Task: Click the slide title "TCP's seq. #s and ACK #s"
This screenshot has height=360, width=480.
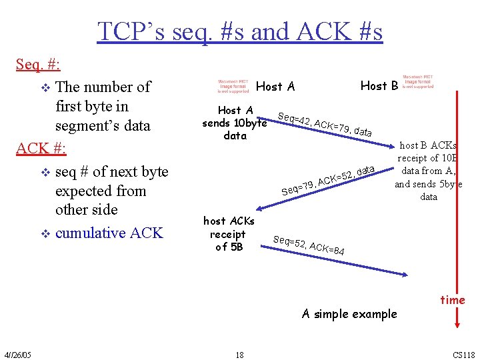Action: pos(240,31)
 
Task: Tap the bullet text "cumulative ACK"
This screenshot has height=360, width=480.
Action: pos(109,233)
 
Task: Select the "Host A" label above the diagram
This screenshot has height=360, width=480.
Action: pos(275,86)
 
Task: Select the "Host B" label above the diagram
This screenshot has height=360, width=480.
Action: pos(379,85)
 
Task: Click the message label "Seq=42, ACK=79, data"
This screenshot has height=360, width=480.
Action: pos(325,123)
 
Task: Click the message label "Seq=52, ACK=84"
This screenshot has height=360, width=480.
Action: pos(309,245)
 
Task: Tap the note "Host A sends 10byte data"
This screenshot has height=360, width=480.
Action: pos(235,123)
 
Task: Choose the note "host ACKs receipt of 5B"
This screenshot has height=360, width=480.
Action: pos(229,234)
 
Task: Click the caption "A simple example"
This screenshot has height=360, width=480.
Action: pos(349,314)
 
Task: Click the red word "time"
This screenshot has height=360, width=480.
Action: pos(452,300)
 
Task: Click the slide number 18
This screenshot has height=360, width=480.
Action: pos(239,354)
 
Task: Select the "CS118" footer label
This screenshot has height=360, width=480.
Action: pos(464,354)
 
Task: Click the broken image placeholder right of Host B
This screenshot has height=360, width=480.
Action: pos(417,81)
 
